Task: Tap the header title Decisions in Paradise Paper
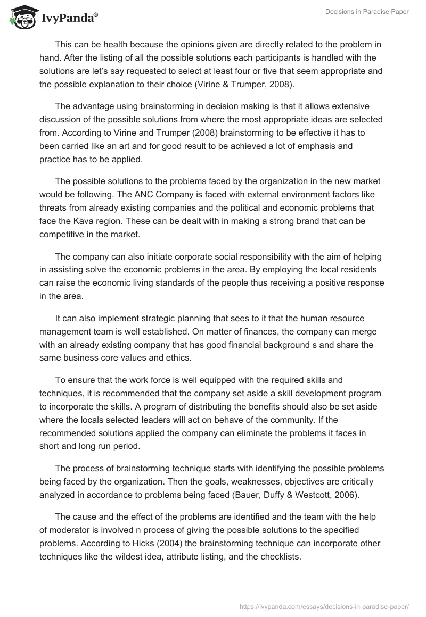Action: pos(367,11)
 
